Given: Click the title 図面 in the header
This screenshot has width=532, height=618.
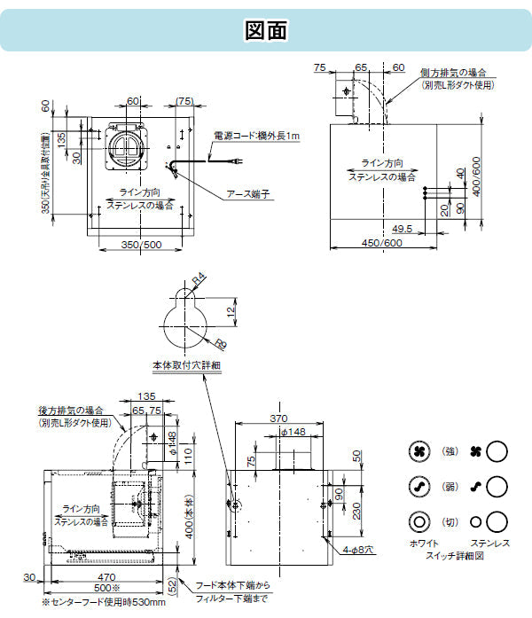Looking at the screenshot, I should pyautogui.click(x=265, y=29).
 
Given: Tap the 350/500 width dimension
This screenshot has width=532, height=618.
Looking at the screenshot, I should pyautogui.click(x=141, y=244).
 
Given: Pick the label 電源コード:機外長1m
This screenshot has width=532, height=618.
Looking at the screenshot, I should pyautogui.click(x=257, y=136).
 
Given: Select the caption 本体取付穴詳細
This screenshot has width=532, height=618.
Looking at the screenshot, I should pyautogui.click(x=185, y=364).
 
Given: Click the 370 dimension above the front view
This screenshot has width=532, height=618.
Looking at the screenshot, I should pyautogui.click(x=279, y=417).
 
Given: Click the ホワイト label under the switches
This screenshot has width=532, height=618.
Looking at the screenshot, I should pyautogui.click(x=422, y=541).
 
